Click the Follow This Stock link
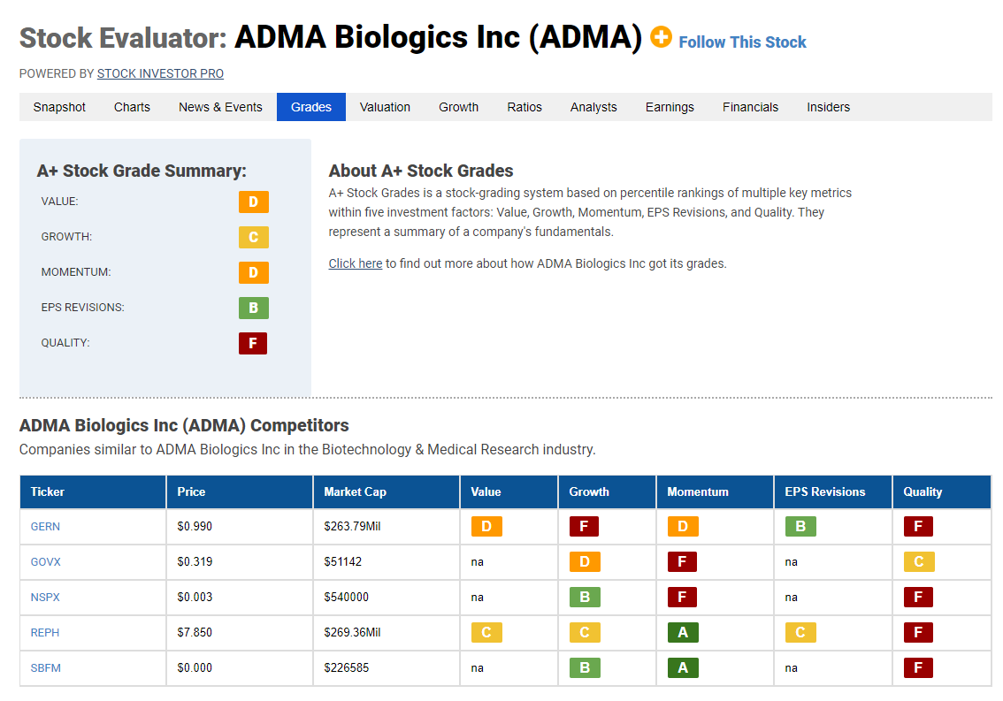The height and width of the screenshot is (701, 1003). (742, 42)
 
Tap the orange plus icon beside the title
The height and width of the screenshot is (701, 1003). (661, 37)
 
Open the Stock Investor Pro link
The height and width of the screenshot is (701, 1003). (161, 73)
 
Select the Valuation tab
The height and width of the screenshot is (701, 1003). (385, 107)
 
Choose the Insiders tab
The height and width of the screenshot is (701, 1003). (829, 107)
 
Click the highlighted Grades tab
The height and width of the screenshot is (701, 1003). (311, 107)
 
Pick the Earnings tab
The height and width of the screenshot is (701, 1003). (670, 107)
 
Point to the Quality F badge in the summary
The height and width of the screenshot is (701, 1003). (253, 344)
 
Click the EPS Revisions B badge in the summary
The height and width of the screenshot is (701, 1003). (253, 308)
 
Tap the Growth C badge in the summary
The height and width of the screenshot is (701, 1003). (253, 237)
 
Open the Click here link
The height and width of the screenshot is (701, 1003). (356, 263)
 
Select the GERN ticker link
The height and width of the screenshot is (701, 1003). (45, 526)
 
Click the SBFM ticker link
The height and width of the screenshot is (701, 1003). (45, 667)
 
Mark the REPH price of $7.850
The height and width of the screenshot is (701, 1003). (195, 633)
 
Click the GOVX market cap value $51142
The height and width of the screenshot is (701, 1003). (343, 561)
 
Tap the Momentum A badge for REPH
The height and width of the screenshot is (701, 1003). (683, 633)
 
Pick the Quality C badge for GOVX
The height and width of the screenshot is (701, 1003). (919, 561)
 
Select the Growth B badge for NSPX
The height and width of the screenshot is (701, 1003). (585, 598)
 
